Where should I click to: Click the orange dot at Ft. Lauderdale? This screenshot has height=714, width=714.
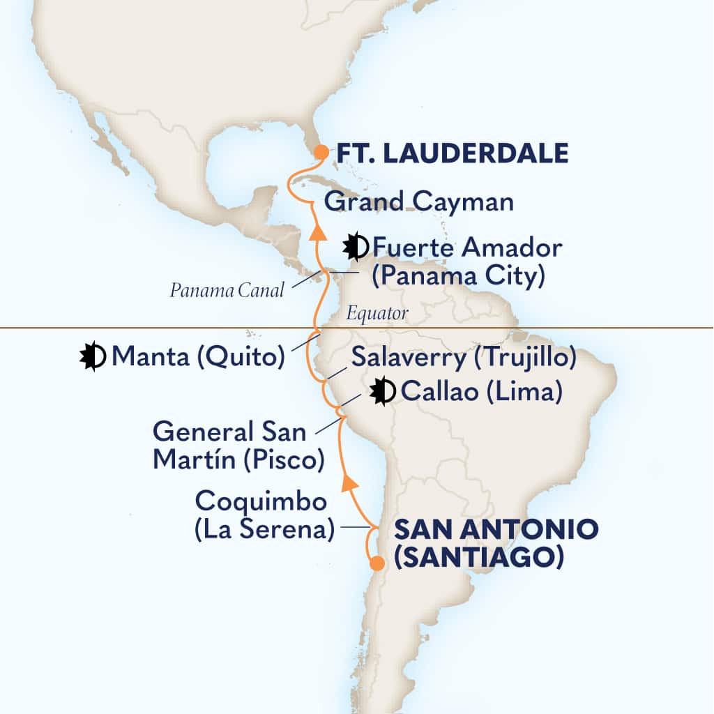click(x=321, y=151)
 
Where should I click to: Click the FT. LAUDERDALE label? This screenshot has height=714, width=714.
click(x=453, y=153)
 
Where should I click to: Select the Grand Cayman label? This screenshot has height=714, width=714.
click(x=419, y=203)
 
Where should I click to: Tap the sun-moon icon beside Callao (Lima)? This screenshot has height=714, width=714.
click(x=383, y=391)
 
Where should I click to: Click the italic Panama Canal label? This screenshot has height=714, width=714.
click(x=227, y=291)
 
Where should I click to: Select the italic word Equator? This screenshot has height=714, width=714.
click(x=377, y=314)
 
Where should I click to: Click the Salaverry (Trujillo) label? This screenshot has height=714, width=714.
click(x=463, y=358)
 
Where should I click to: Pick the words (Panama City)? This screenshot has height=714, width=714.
click(x=457, y=277)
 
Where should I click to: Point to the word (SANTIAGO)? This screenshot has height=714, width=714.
click(x=478, y=558)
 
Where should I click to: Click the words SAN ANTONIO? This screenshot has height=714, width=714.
click(x=496, y=529)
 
